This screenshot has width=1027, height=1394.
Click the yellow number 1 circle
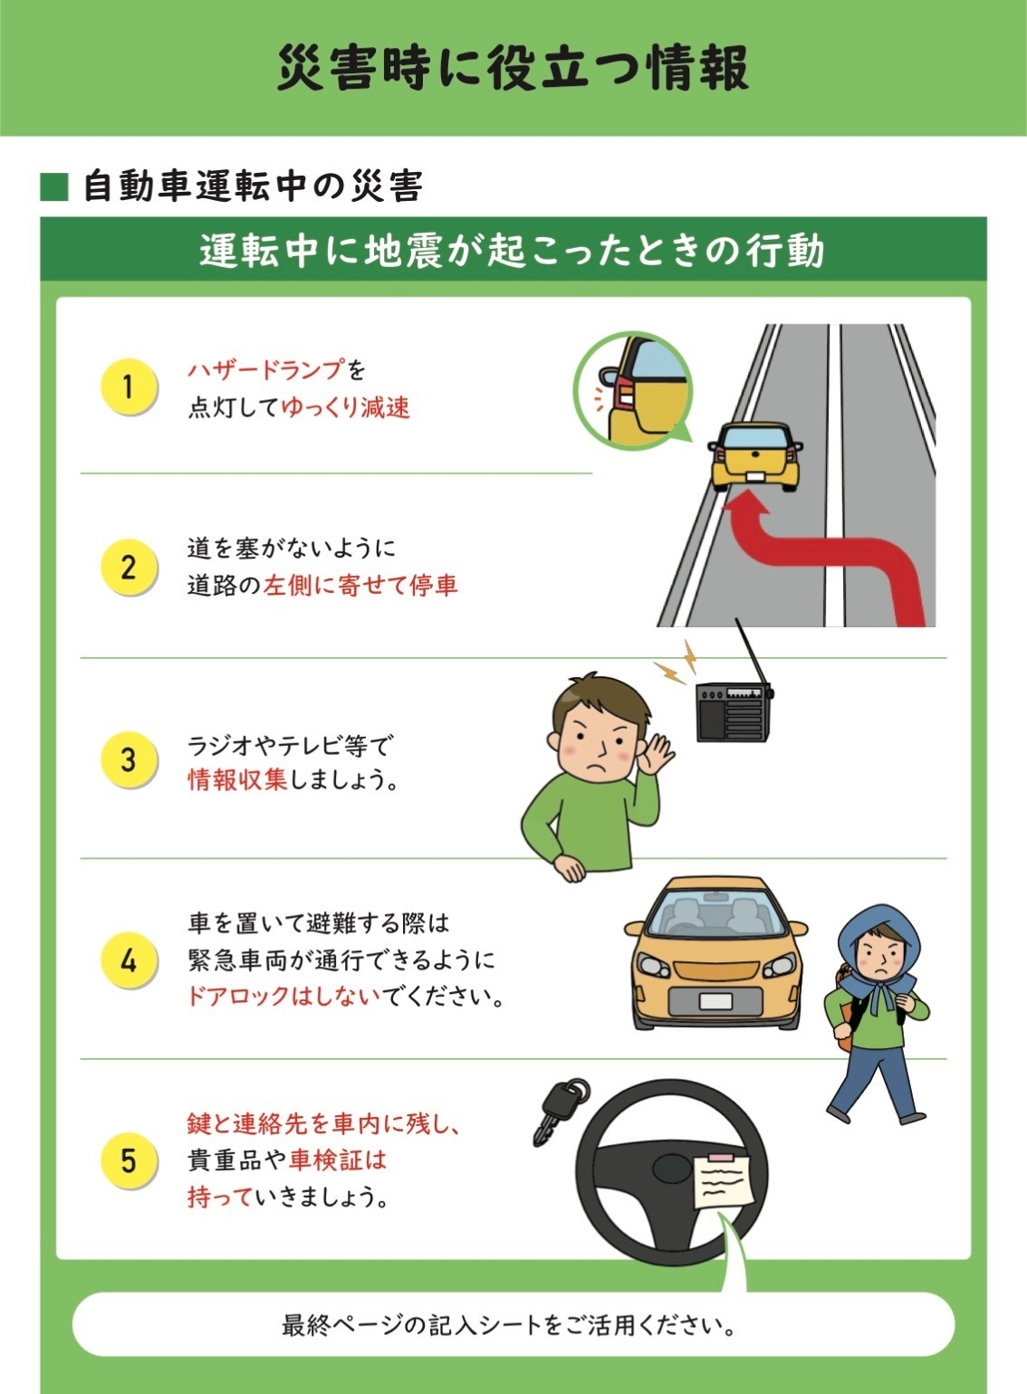129,387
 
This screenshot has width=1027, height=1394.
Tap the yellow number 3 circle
129,759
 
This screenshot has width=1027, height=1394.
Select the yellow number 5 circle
129,1161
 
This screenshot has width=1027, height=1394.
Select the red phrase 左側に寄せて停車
360,586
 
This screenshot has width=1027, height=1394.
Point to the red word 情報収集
237,779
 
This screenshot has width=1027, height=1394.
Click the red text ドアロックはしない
284,997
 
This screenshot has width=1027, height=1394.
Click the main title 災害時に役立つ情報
513,67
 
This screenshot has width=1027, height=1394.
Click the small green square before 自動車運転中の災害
54,186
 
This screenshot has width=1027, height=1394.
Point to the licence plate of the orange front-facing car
715,1001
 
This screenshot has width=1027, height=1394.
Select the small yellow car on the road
754,456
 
